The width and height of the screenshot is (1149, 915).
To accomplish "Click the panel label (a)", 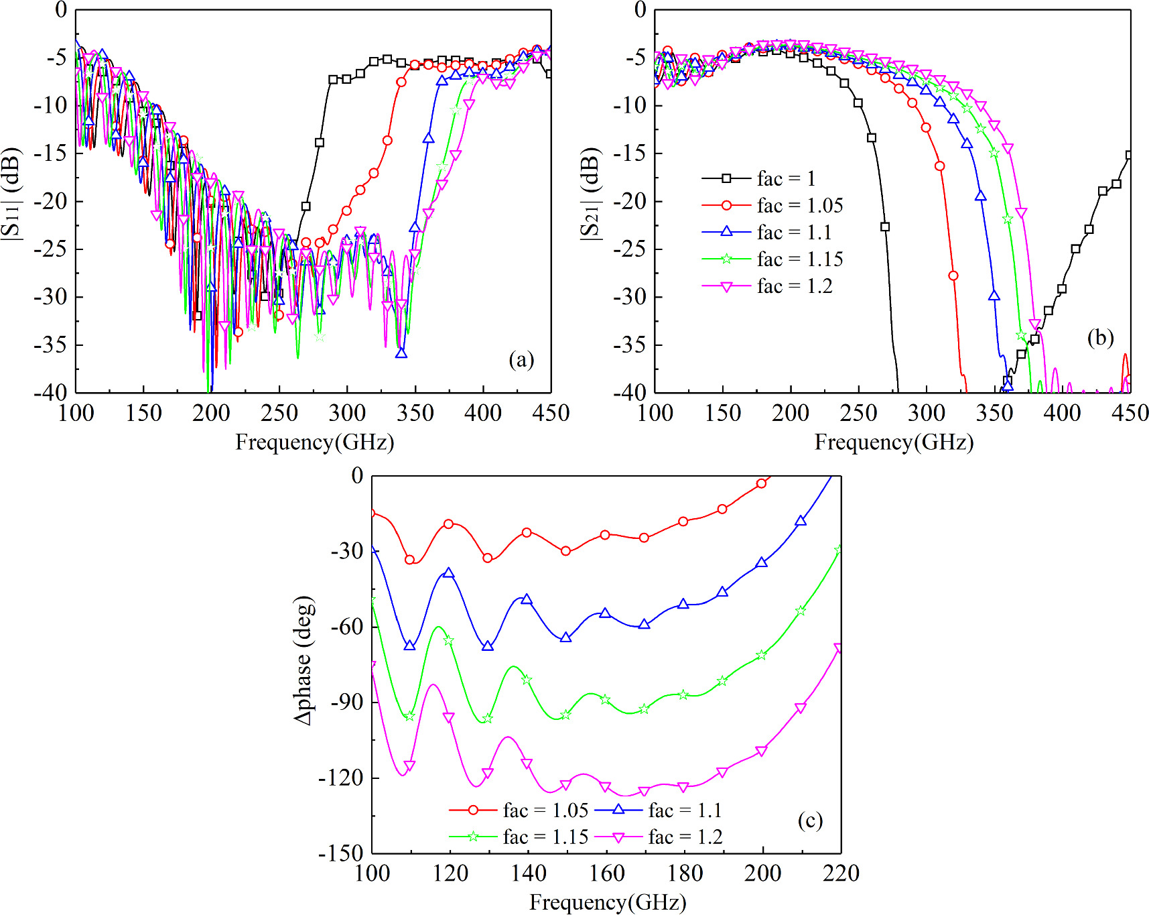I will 521,360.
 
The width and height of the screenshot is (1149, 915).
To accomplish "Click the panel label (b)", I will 1100,337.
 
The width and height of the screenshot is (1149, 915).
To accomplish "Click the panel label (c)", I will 809,820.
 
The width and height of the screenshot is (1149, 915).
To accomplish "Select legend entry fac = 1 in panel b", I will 786,179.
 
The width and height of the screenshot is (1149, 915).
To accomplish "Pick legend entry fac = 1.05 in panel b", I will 799,206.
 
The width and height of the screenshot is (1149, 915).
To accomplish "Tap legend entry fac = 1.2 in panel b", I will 794,286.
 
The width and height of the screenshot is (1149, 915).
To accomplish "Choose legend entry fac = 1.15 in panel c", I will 545,837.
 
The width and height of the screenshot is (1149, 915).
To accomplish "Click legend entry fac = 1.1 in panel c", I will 684,810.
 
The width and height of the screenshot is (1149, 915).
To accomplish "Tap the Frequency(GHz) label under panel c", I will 608,902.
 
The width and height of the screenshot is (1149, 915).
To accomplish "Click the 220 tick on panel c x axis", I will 841,873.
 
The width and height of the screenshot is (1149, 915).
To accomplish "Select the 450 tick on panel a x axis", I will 550,413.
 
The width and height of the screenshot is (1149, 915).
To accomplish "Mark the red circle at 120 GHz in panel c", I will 449,524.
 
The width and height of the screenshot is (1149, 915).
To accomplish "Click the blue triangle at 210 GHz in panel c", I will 801,521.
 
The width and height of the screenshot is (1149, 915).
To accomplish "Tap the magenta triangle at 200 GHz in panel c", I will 762,751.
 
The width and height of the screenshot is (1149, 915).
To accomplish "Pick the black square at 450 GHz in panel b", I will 1130,155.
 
